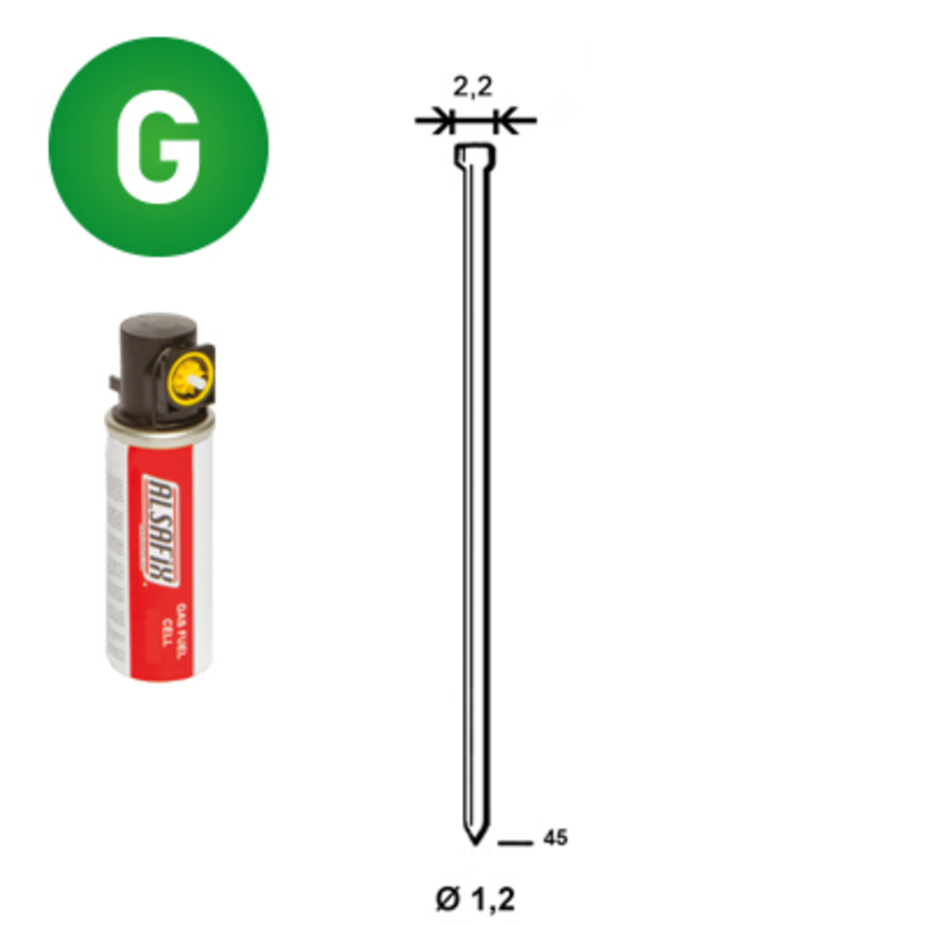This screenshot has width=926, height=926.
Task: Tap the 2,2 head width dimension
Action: [x=472, y=89]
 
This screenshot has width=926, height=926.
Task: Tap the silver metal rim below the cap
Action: [x=157, y=421]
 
